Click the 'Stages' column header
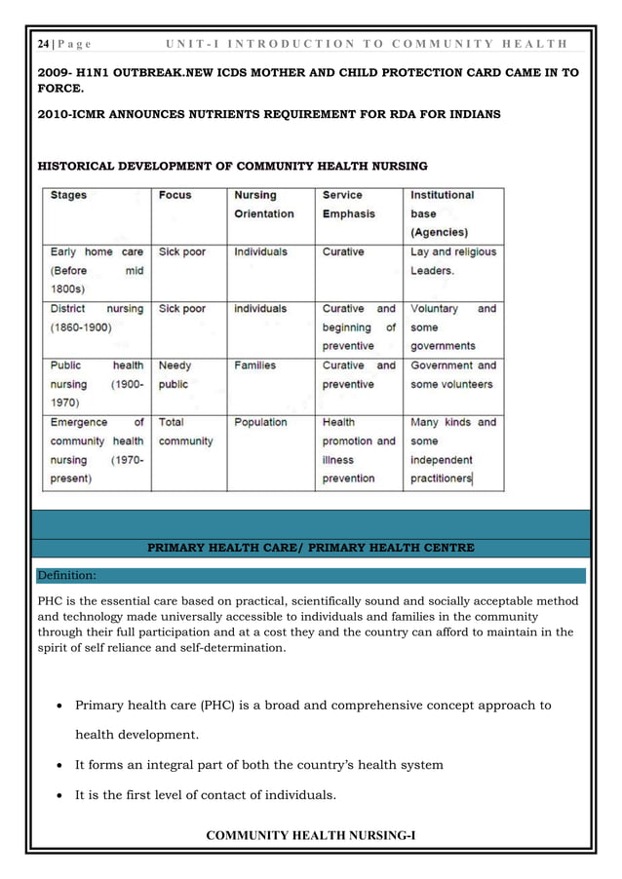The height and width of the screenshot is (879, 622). point(68,195)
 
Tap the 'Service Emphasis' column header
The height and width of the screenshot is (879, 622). point(343,204)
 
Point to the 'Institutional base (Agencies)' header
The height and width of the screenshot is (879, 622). point(443,213)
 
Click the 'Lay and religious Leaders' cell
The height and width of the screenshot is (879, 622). point(452,260)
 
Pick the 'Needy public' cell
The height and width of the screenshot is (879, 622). point(175,375)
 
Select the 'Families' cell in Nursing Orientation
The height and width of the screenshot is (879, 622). point(254,365)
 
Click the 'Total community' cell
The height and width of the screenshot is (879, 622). point(185,432)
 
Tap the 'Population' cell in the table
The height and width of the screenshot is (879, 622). point(260,423)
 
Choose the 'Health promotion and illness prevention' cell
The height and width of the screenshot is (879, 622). point(358,450)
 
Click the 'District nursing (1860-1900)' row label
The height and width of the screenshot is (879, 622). point(96,318)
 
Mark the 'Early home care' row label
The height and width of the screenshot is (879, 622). point(96,251)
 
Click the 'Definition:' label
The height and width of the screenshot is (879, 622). point(66,575)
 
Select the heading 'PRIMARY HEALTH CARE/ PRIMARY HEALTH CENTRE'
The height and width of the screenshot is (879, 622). point(310,548)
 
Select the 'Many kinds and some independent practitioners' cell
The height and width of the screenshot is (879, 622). point(452,450)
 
